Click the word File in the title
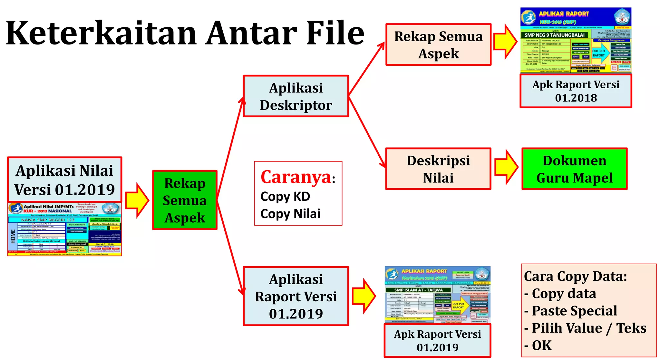335,33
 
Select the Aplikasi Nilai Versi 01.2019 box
64,180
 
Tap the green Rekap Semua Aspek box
185,200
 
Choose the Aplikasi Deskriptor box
296,96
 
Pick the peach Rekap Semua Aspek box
438,45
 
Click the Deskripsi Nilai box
438,169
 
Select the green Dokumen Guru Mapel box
574,169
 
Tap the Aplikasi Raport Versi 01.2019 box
296,296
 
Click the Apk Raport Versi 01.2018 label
576,91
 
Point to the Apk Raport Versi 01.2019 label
437,341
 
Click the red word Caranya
296,177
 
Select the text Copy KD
285,197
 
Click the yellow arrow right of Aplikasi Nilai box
137,200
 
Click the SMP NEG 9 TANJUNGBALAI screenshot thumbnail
576,40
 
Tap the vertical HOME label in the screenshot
13,236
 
